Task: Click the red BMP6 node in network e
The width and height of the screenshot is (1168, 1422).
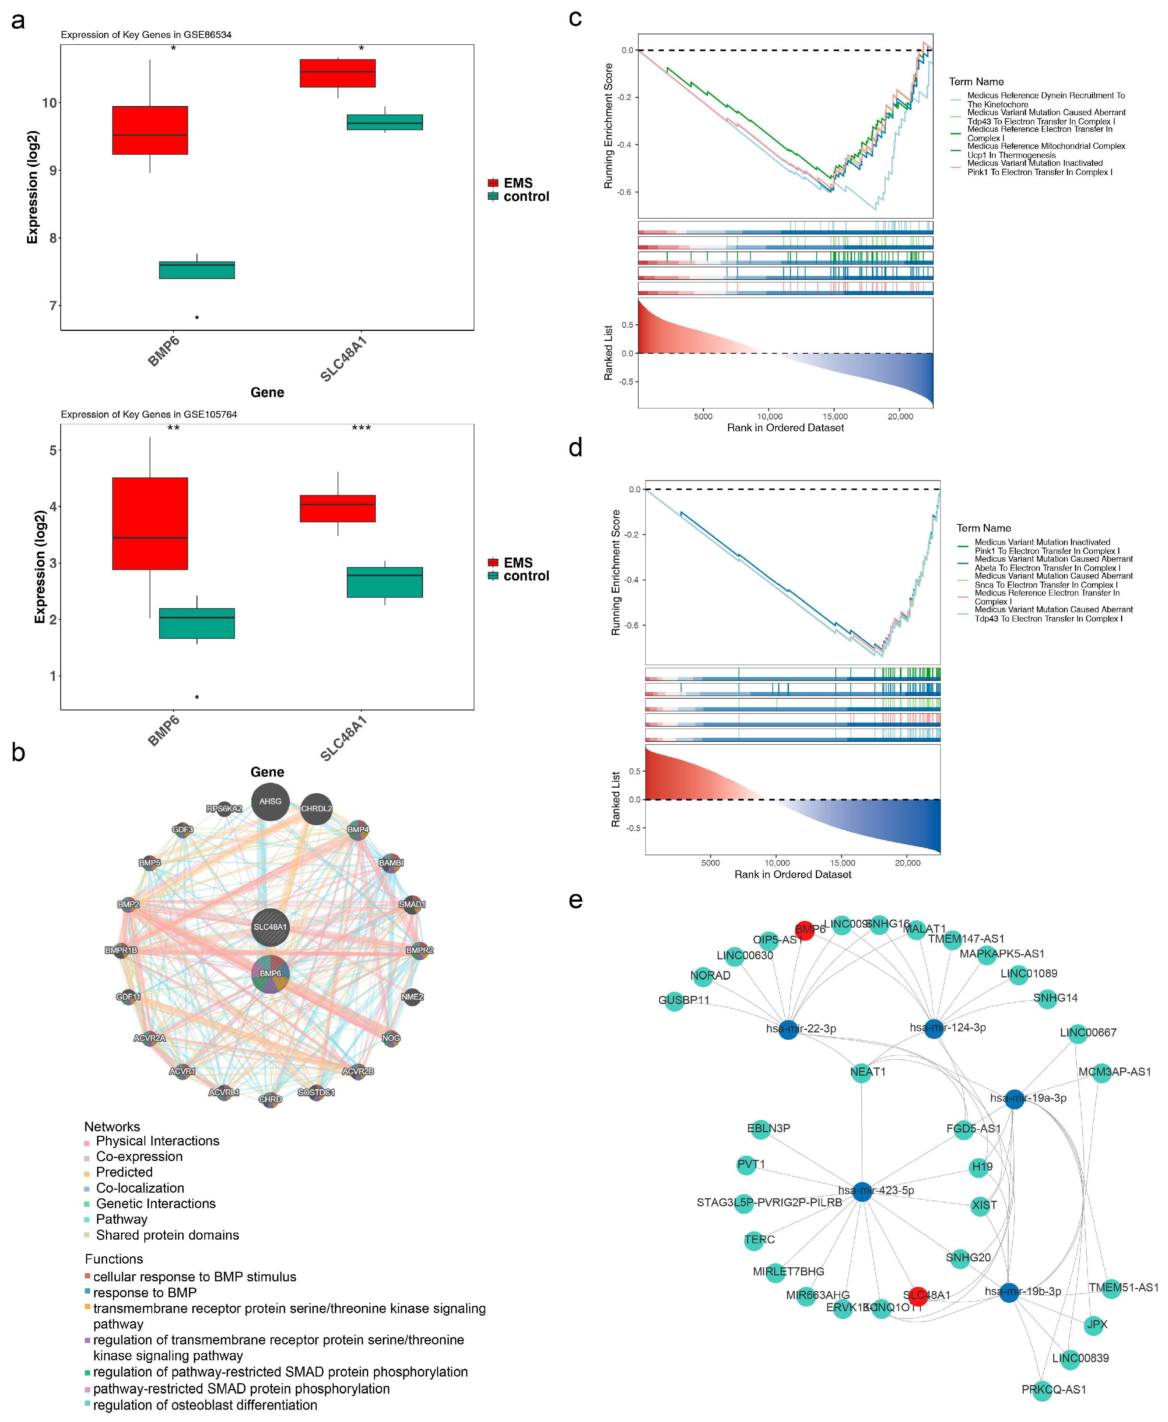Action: (805, 931)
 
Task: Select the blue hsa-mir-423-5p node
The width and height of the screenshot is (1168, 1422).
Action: (862, 1191)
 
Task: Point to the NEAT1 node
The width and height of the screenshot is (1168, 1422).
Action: (861, 1073)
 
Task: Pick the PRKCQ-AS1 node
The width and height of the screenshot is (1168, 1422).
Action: (1041, 1390)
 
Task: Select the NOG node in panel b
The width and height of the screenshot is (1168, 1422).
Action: (391, 1038)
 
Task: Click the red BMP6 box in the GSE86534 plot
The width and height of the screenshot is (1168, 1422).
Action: (150, 130)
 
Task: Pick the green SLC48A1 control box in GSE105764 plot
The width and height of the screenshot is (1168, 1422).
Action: (385, 582)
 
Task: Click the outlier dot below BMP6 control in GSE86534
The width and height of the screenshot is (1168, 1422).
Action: (196, 317)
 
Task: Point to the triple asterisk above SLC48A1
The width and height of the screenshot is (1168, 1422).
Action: (361, 428)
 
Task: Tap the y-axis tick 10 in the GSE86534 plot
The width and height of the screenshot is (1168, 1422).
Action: (50, 103)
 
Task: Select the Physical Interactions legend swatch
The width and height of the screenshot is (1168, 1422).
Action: (87, 1143)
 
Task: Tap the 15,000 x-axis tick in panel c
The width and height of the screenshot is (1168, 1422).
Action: (835, 417)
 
